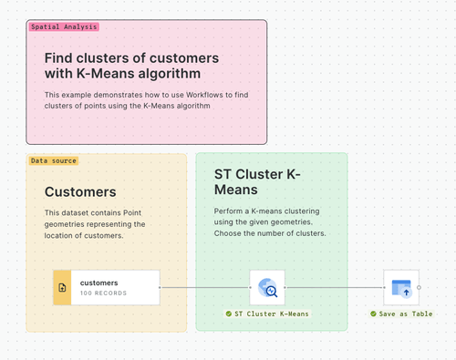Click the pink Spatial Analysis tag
(x=63, y=27)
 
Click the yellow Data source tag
(x=54, y=160)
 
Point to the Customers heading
(x=80, y=192)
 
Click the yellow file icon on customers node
(x=62, y=287)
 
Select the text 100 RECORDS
(x=104, y=293)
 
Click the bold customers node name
(x=99, y=283)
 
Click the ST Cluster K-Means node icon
(x=268, y=287)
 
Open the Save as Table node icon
(x=401, y=287)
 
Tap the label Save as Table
(x=406, y=314)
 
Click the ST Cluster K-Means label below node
(x=272, y=314)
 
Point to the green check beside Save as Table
(x=374, y=314)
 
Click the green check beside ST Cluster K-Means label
(x=229, y=314)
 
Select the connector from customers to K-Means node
(x=205, y=287)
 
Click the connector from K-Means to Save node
(x=335, y=287)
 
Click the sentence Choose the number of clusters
(x=269, y=234)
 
